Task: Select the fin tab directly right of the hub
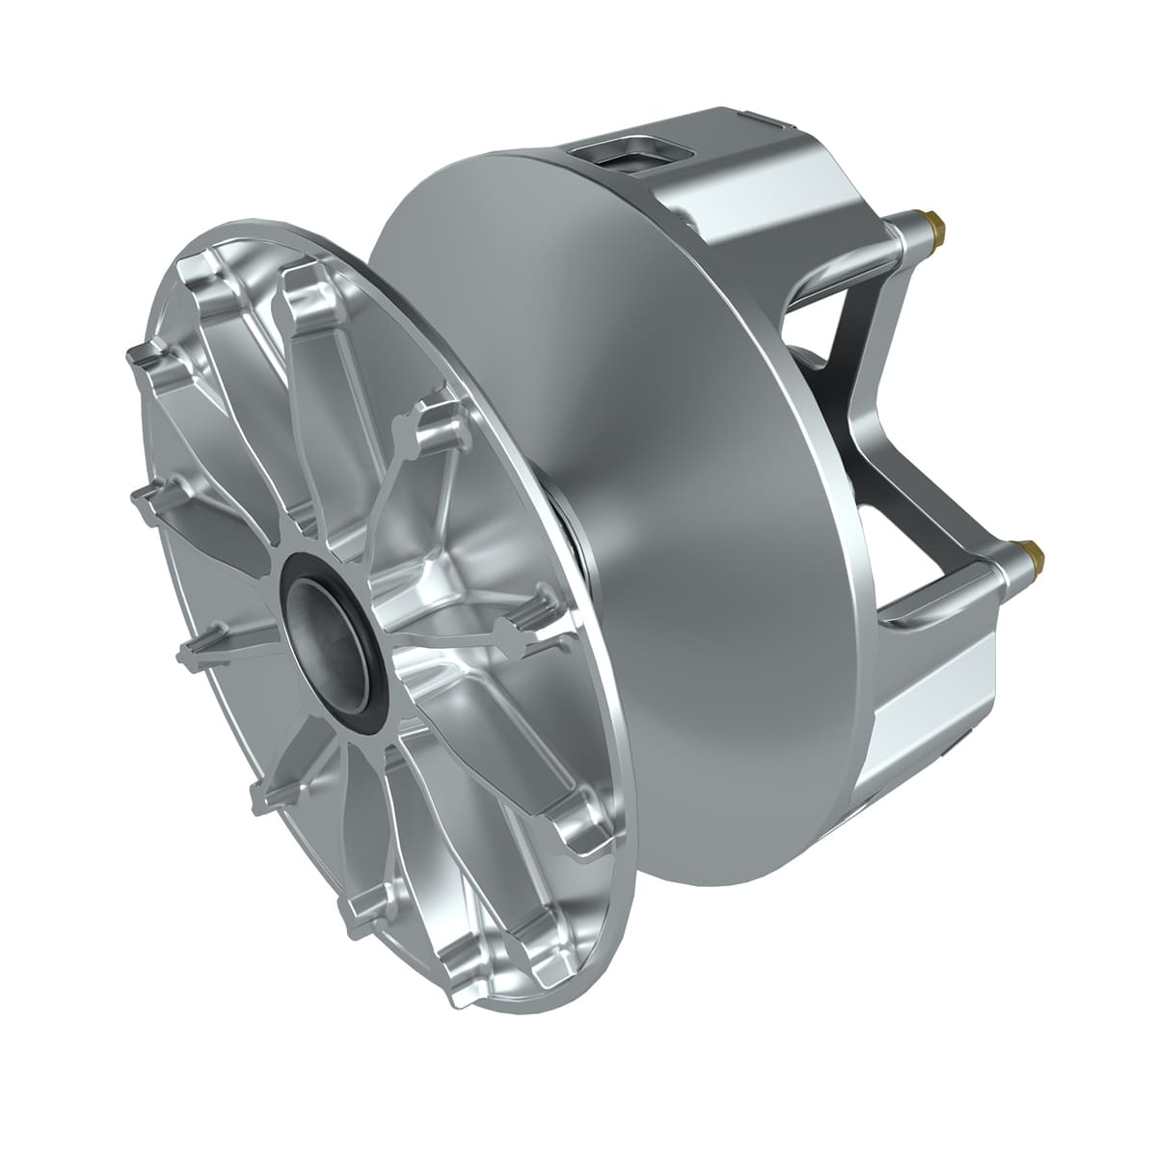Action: tap(521, 632)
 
